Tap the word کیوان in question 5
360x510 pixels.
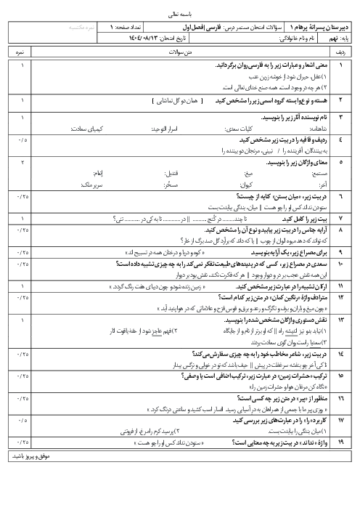(x=212, y=165)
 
